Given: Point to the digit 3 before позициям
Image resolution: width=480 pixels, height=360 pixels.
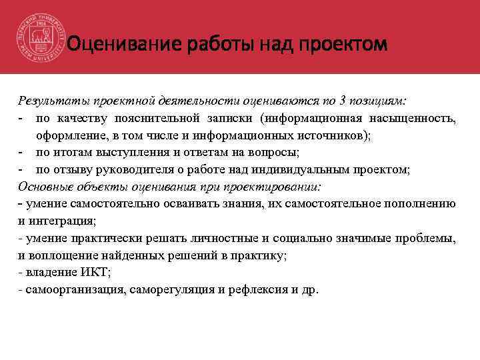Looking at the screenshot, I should point(343,101).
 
